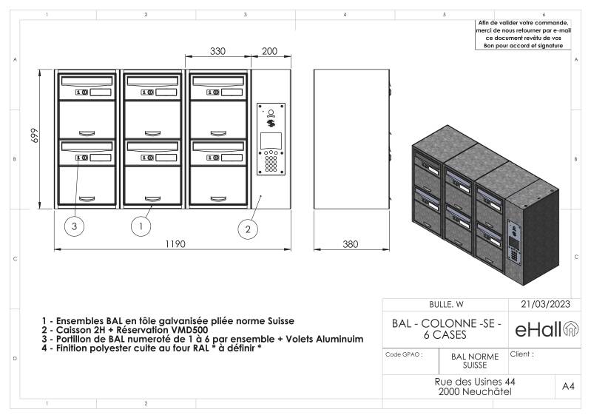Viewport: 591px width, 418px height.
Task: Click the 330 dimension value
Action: coord(217,51)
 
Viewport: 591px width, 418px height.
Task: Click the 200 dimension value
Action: coord(270,51)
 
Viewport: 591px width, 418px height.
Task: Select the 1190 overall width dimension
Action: coord(175,243)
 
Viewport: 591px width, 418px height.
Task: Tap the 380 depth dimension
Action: coord(351,243)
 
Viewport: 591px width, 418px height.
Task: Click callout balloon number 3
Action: coord(75,226)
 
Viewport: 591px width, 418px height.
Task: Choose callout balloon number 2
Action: coord(249,229)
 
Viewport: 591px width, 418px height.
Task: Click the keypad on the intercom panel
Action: coord(271,162)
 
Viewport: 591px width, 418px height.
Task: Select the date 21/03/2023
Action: coord(546,304)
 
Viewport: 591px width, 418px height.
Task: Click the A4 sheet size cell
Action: coord(568,386)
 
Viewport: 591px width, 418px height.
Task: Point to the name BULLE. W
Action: coord(446,304)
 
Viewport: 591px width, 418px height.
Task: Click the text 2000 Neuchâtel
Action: coord(475,391)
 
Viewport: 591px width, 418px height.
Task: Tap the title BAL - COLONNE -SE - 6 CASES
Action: coord(446,329)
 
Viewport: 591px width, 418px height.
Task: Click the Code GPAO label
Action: coord(404,354)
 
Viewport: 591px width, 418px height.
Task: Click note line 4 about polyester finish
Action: coord(152,348)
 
